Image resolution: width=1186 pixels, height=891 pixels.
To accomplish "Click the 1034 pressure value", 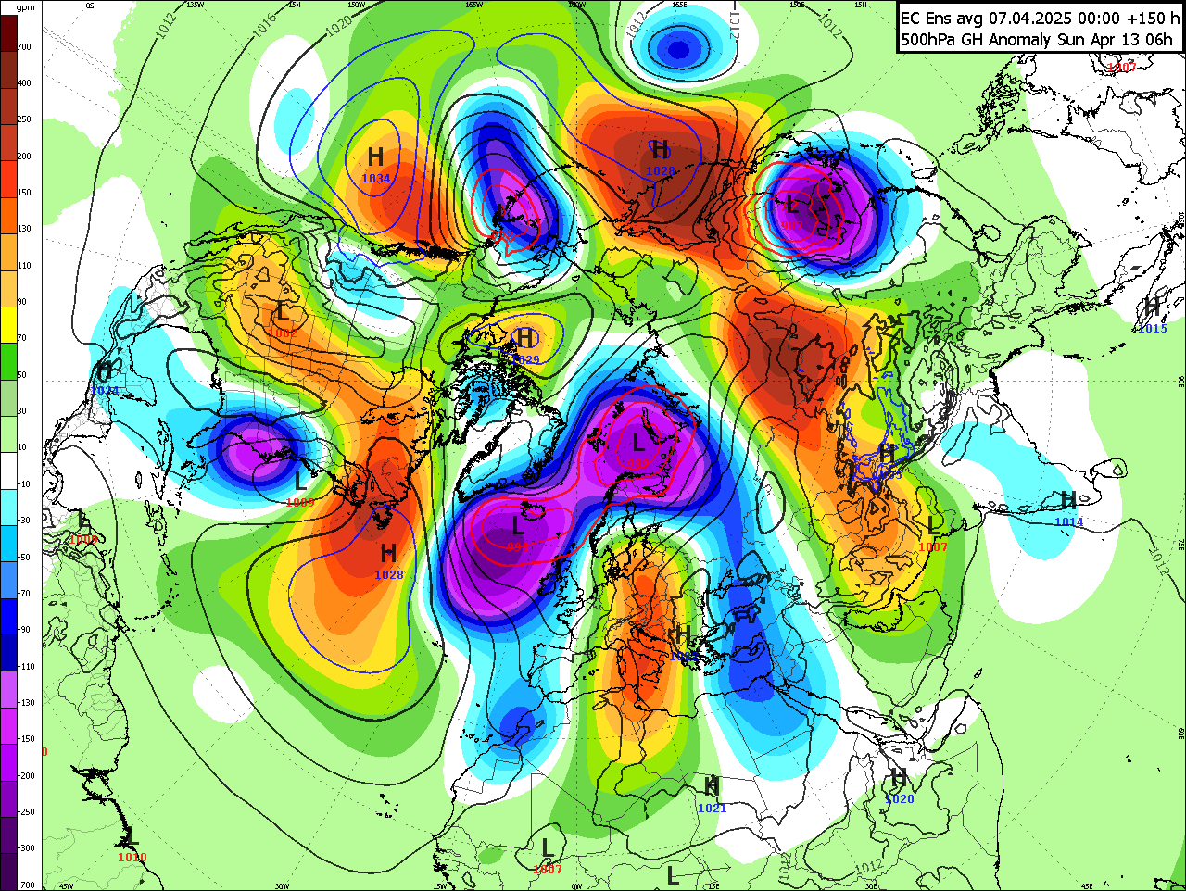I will pos(375,179).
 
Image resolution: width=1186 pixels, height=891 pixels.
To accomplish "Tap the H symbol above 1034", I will pos(375,157).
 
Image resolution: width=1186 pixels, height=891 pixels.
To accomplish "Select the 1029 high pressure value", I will pos(525,359).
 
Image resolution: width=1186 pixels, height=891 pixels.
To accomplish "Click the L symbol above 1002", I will pos(283,312).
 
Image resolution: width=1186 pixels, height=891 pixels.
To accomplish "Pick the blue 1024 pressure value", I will pos(104,391).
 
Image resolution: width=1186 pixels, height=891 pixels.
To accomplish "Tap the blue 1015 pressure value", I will pos(1153,329).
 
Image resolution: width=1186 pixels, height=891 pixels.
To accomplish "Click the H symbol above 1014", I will pos(1068,501).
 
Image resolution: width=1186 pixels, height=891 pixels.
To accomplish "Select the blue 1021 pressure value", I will pos(712,808).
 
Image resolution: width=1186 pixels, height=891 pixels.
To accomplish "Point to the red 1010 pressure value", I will pos(132,858).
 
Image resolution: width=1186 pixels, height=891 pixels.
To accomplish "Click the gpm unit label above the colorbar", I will pos(25,7).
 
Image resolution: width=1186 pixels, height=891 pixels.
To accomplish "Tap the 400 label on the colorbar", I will pos(24,83).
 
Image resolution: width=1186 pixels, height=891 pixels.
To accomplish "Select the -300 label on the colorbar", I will pos(24,847).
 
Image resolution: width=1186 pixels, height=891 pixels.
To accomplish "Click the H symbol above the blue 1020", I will pos(898,777).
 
